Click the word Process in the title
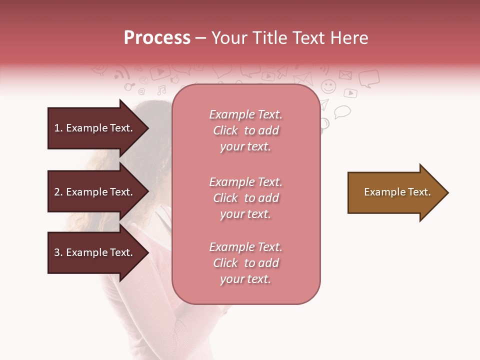click(157, 38)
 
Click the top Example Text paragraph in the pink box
click(245, 130)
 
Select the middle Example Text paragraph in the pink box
click(245, 198)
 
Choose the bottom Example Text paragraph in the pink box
click(245, 263)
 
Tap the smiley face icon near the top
click(328, 86)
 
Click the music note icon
click(161, 90)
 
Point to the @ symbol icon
click(141, 91)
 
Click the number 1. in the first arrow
click(58, 128)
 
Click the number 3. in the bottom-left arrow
click(58, 252)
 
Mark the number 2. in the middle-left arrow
click(58, 192)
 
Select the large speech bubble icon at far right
click(369, 78)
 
